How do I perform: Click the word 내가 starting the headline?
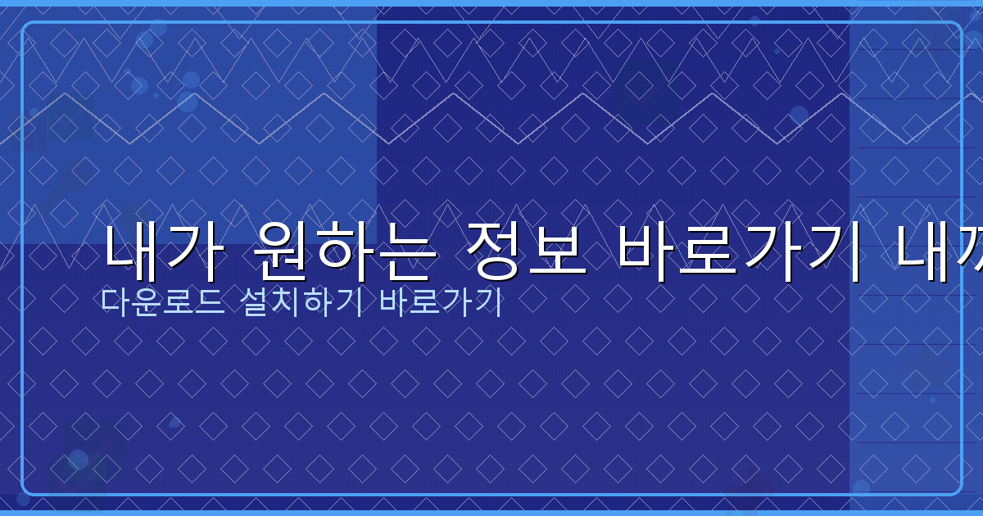click(161, 251)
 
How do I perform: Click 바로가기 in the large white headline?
click(736, 251)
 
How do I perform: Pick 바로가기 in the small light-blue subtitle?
click(441, 302)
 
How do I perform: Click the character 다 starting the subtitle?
click(112, 302)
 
